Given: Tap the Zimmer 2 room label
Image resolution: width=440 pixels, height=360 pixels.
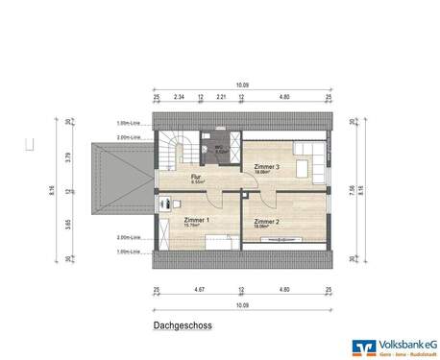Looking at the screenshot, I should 266,222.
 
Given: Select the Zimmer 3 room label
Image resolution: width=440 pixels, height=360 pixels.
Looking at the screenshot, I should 266,167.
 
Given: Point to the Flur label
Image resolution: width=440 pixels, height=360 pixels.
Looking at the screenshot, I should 196,178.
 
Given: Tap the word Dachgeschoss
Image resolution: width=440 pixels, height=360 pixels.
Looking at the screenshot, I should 183,325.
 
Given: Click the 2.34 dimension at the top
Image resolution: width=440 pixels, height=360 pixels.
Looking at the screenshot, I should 179,97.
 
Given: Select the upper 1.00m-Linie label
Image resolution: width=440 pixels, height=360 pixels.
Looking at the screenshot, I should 128,123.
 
